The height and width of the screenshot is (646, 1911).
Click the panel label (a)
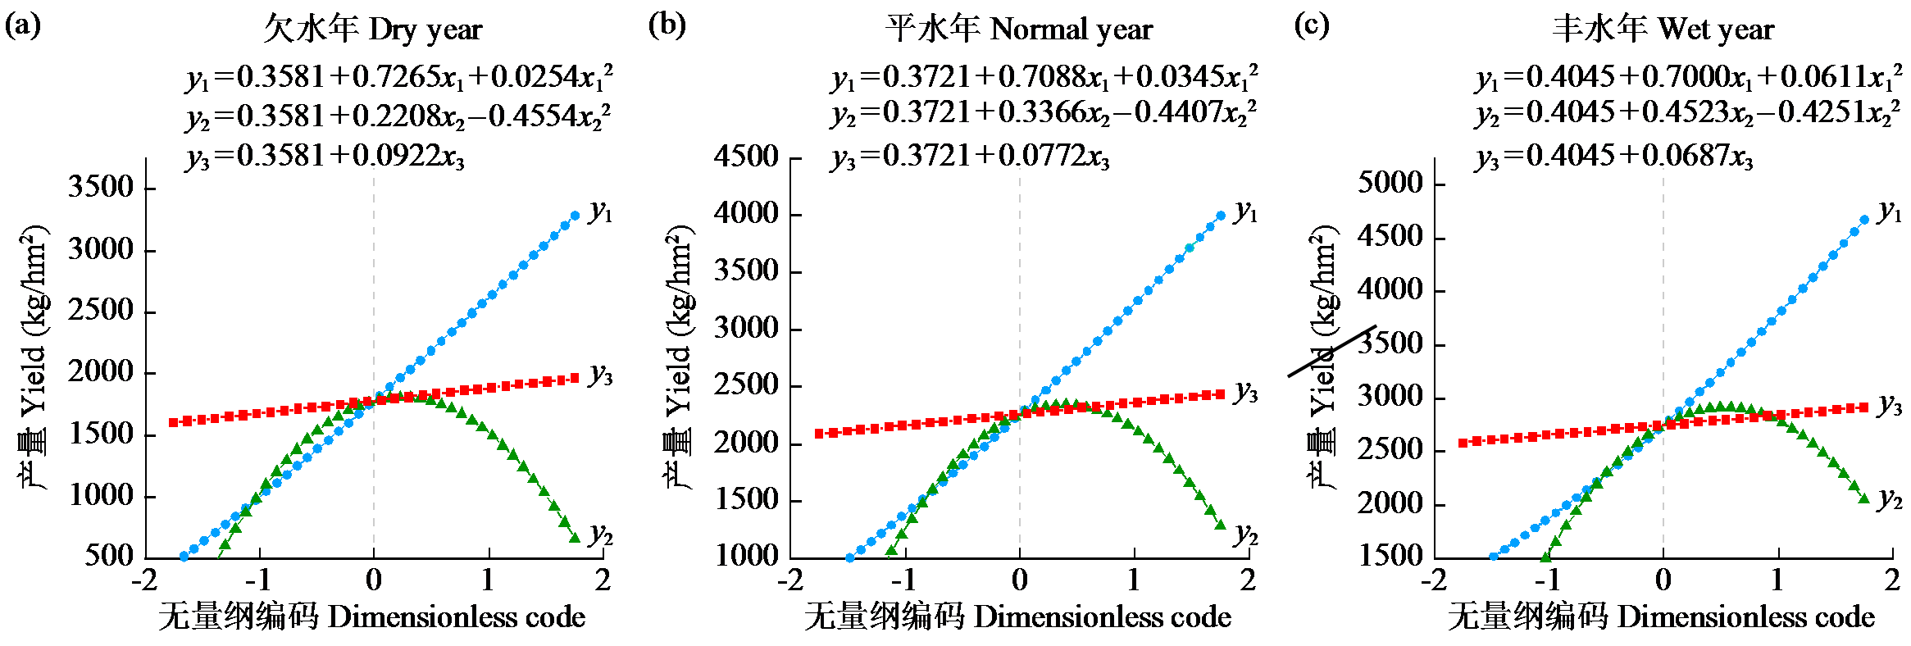click(22, 25)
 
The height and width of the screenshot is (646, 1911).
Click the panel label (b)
click(667, 25)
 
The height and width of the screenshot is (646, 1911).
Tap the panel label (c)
click(1311, 25)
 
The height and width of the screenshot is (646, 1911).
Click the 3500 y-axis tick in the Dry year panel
click(101, 187)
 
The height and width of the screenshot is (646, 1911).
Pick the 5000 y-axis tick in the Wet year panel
click(1390, 182)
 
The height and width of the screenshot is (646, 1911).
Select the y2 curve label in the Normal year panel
click(1246, 535)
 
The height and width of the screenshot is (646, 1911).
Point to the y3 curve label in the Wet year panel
click(1891, 404)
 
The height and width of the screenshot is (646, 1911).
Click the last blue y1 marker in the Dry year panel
click(575, 216)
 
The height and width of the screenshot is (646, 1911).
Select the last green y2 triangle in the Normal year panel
click(1220, 525)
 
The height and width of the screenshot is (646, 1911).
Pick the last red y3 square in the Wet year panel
click(1864, 407)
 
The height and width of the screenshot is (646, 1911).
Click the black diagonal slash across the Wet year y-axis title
click(1332, 351)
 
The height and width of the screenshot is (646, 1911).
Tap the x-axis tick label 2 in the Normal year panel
click(1248, 580)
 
